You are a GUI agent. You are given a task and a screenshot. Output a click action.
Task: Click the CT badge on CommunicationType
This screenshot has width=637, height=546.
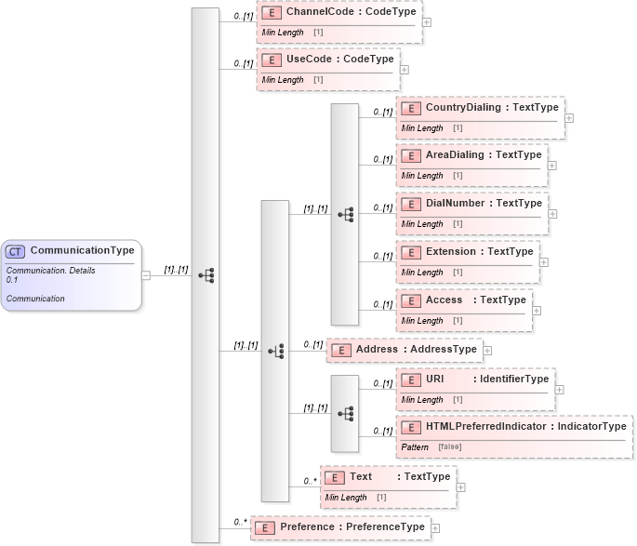pyautogui.click(x=16, y=251)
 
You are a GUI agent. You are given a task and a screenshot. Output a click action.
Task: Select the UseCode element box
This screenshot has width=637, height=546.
pyautogui.click(x=327, y=68)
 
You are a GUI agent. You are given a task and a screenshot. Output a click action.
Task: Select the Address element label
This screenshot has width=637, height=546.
pyautogui.click(x=376, y=349)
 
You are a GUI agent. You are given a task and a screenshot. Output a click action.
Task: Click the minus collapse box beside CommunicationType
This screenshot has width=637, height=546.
pyautogui.click(x=145, y=274)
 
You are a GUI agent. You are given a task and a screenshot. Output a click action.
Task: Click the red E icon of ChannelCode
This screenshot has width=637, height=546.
pyautogui.click(x=272, y=14)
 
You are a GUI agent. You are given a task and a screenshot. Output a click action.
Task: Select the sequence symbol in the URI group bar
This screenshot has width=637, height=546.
pyautogui.click(x=346, y=412)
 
